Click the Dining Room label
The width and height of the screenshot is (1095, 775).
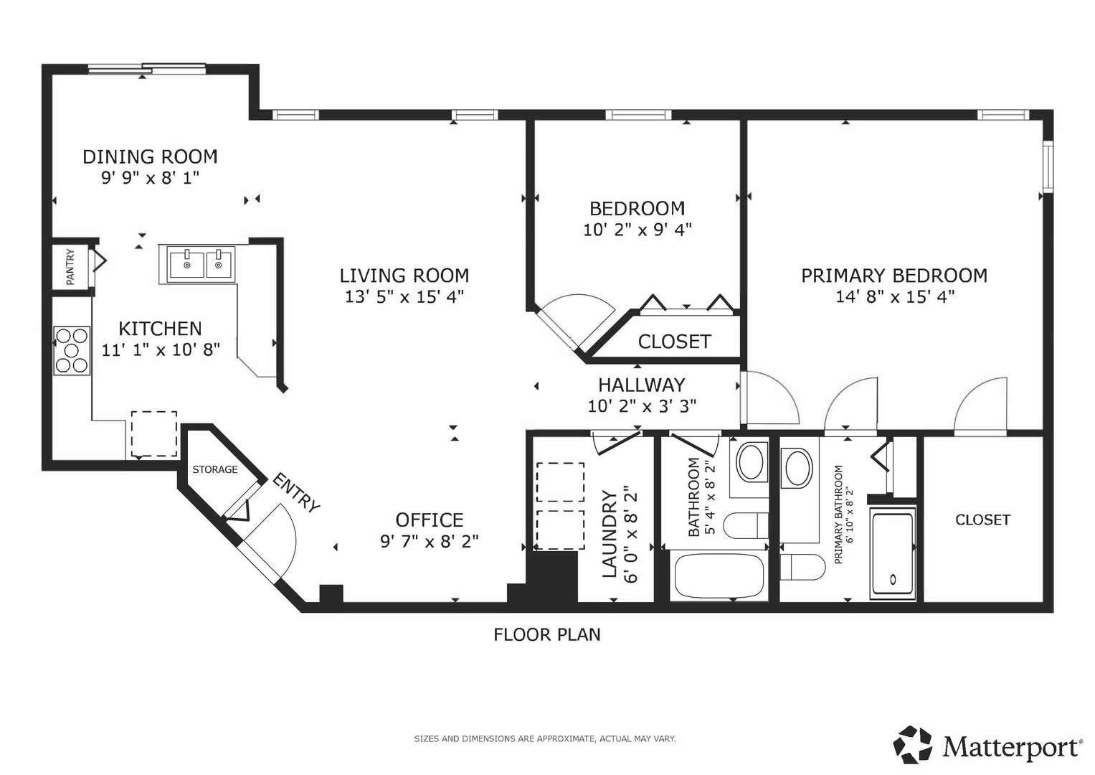pos(150,156)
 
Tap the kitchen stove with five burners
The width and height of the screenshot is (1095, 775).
pos(72,350)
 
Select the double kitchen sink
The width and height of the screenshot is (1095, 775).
pos(201,264)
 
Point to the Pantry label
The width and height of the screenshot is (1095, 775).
pos(70,267)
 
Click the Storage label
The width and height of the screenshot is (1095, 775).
pos(215,469)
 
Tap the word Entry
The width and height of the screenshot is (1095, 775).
pos(295,493)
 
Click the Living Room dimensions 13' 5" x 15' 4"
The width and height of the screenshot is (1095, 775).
pos(404,296)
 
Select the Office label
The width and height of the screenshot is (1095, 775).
pos(430,520)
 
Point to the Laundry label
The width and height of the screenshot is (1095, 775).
pos(609,533)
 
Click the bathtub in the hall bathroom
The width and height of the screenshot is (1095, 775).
pos(719,576)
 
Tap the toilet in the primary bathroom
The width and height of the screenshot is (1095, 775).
pos(802,567)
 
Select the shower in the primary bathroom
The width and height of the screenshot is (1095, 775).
pos(893,553)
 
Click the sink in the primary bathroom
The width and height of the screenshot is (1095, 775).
pos(797,468)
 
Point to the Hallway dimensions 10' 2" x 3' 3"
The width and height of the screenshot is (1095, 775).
pos(642,405)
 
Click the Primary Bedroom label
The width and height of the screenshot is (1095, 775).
pos(894,276)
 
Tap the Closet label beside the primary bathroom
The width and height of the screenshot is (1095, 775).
pos(982,520)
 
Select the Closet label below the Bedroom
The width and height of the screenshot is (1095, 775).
pos(675,342)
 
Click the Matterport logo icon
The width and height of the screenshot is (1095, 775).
pos(912,745)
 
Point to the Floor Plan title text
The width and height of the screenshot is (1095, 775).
pos(547,634)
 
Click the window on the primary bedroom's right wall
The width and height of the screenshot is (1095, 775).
pos(1048,166)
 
